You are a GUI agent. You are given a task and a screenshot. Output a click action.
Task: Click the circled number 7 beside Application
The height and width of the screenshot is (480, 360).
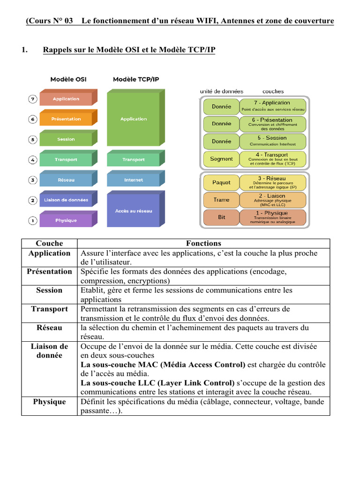(x=32, y=99)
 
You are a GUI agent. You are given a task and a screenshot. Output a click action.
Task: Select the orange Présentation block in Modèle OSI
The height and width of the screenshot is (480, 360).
(x=66, y=119)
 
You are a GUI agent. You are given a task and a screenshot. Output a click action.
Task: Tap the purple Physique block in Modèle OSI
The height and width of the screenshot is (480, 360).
(x=66, y=220)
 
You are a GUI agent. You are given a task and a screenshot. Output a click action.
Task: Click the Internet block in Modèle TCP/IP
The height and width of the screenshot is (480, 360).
(x=134, y=180)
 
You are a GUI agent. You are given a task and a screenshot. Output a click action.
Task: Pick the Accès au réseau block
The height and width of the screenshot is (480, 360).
(x=134, y=211)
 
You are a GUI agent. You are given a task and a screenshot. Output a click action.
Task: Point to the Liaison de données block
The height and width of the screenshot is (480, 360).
(x=66, y=200)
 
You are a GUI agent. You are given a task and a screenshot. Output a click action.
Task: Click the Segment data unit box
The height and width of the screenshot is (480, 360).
(x=221, y=159)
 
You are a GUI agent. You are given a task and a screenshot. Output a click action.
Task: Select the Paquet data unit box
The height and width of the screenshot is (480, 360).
(x=221, y=182)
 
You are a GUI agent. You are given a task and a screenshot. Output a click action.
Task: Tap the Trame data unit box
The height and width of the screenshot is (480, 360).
(x=221, y=200)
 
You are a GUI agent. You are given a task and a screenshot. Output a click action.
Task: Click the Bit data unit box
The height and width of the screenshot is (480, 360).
(x=221, y=217)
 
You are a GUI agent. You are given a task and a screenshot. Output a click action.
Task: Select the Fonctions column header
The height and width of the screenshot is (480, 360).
(x=203, y=243)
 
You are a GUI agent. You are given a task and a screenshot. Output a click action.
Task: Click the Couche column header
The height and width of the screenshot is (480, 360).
(x=49, y=243)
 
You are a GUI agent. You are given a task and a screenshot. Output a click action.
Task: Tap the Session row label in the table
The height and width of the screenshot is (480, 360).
(x=49, y=290)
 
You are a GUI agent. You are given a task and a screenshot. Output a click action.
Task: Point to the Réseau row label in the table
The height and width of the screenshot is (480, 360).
(x=49, y=328)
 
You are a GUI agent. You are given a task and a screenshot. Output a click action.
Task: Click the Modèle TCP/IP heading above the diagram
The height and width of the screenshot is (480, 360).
(x=136, y=79)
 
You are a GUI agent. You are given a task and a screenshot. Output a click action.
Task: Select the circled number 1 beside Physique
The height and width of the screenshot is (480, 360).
(x=32, y=220)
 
